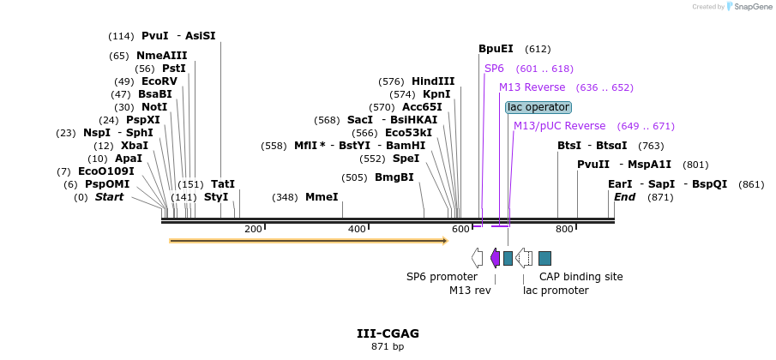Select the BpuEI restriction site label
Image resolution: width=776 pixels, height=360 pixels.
pos(496,49)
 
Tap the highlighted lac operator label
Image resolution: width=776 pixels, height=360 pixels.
pos(538,107)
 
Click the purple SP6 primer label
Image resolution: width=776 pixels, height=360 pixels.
pos(494,69)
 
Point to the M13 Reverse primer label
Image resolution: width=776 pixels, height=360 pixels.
pos(532,87)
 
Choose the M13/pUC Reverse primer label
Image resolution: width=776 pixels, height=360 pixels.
pos(559,126)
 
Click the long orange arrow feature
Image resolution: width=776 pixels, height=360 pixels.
pos(308,241)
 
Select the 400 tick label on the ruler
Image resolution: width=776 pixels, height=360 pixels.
pos(357,229)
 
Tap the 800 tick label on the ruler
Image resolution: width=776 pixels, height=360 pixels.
pos(564,229)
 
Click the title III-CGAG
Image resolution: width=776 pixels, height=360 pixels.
pos(388,333)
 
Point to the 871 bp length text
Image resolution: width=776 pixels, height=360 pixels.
pos(388,347)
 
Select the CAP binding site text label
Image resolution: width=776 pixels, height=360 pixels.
pos(580,277)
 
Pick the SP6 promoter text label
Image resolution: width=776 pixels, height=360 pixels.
pos(442,277)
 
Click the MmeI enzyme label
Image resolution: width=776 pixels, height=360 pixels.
pos(322,197)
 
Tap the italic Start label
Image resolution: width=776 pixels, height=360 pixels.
pos(109,197)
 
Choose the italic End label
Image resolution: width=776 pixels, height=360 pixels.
pos(625,197)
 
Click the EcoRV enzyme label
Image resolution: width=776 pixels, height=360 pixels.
pos(159,81)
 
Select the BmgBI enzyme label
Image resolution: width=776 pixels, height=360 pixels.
pos(394,177)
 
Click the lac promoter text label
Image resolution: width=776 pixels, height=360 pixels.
pos(556,291)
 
